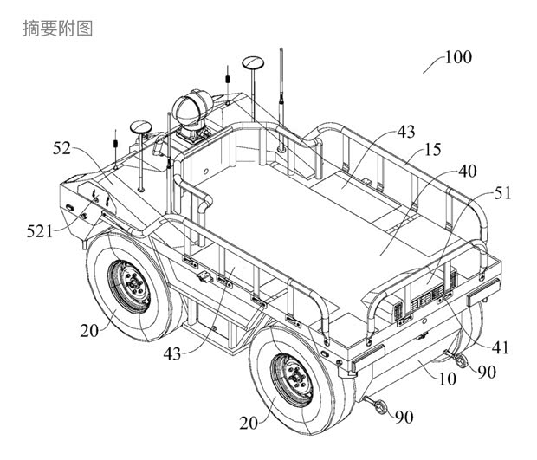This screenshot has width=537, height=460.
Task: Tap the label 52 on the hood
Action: coord(61,149)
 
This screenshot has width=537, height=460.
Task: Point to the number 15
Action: coord(434,150)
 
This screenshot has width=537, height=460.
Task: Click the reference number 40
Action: coord(467,172)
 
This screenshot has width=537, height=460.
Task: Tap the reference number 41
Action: coord(501,348)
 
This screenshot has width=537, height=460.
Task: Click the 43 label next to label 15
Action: coord(405,131)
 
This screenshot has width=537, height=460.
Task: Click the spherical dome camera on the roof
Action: coord(191,110)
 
